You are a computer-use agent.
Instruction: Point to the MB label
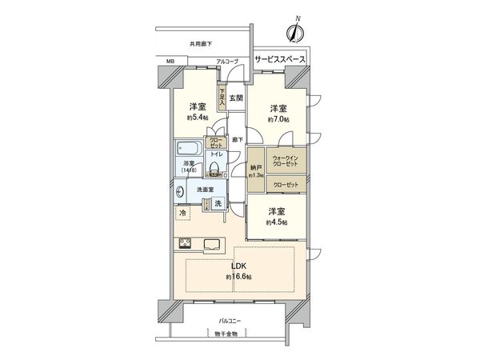coord(170,61)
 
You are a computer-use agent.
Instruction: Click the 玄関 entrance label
coord(236,99)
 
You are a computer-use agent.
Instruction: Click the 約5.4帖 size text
coord(196,118)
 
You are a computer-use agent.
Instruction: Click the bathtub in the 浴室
coord(190,150)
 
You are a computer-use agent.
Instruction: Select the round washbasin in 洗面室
coord(177,194)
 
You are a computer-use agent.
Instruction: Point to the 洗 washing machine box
coord(217,205)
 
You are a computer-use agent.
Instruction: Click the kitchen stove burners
coord(182,244)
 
